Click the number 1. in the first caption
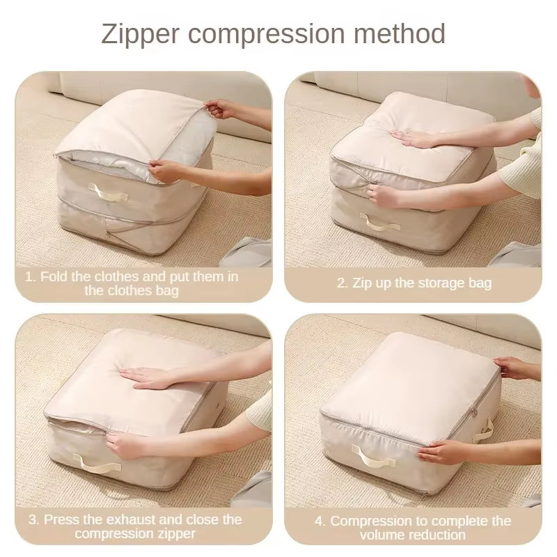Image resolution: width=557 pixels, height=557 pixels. pyautogui.click(x=31, y=276)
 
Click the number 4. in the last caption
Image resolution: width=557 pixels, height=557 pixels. pyautogui.click(x=320, y=521)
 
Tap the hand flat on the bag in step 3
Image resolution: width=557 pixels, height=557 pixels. pyautogui.click(x=150, y=377)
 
